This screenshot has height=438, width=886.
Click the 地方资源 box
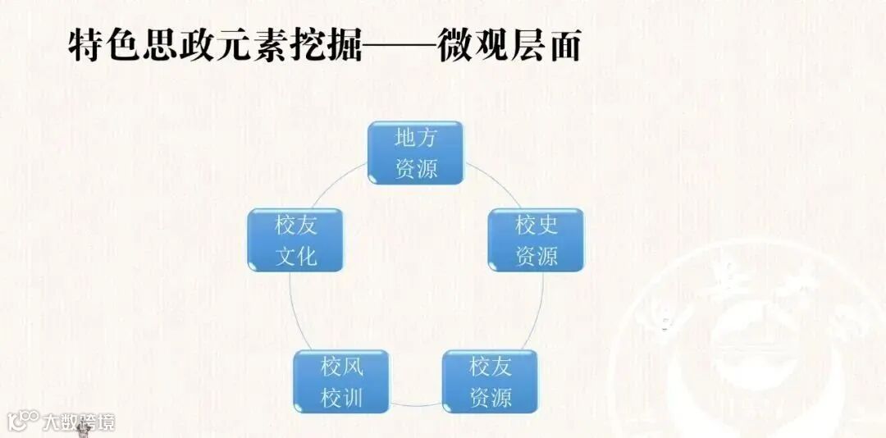click(x=416, y=153)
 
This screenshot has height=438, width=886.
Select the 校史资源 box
click(x=536, y=240)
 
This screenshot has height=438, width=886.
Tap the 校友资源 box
click(x=490, y=381)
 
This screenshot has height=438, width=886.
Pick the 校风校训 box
click(x=341, y=381)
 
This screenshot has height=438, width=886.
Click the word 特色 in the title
click(x=105, y=46)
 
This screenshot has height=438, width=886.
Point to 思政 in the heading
click(x=179, y=46)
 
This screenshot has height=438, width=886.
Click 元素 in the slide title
click(x=252, y=46)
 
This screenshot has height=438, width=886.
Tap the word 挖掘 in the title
click(x=325, y=46)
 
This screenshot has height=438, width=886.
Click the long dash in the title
click(x=399, y=48)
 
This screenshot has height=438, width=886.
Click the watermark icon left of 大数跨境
click(x=23, y=421)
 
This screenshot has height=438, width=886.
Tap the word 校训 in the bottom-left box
click(x=341, y=399)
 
